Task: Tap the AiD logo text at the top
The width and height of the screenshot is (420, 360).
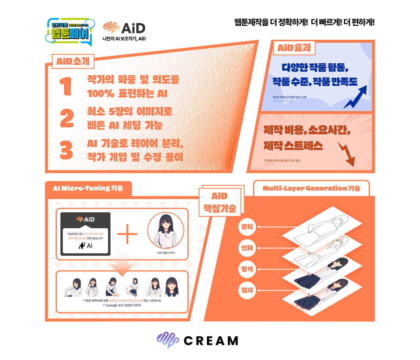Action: (133, 29)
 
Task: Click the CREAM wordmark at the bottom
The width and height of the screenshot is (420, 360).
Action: (211, 341)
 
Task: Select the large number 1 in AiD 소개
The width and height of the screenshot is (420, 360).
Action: (66, 86)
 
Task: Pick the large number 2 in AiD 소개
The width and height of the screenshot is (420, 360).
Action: (67, 118)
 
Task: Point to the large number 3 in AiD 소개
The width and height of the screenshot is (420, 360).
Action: (66, 150)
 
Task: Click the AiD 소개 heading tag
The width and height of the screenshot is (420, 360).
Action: (73, 61)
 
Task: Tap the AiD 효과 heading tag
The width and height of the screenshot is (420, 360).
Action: (294, 48)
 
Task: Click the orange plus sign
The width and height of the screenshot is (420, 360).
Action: (127, 234)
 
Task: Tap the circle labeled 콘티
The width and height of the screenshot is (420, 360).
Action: (247, 227)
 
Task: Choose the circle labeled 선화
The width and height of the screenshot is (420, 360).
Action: (247, 248)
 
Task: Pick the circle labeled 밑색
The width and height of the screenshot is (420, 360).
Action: (247, 269)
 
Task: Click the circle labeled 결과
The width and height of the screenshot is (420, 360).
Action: (247, 290)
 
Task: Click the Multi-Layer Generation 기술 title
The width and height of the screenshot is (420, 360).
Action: (311, 188)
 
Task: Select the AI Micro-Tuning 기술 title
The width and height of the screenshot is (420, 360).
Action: (88, 188)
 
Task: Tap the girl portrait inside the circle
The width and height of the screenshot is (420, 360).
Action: (166, 231)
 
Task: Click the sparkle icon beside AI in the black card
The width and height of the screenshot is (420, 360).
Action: (82, 245)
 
